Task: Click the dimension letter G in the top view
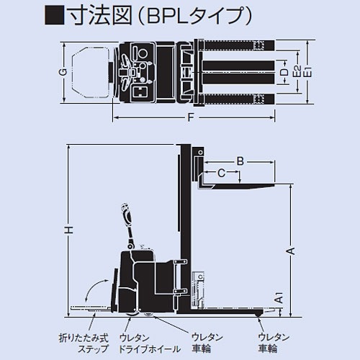[63, 73]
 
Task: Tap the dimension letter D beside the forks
[284, 73]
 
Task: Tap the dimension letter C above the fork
[222, 172]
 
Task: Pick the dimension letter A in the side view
[291, 250]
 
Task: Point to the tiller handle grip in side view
[127, 215]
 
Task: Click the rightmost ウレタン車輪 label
[272, 343]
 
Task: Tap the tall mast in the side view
[184, 230]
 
